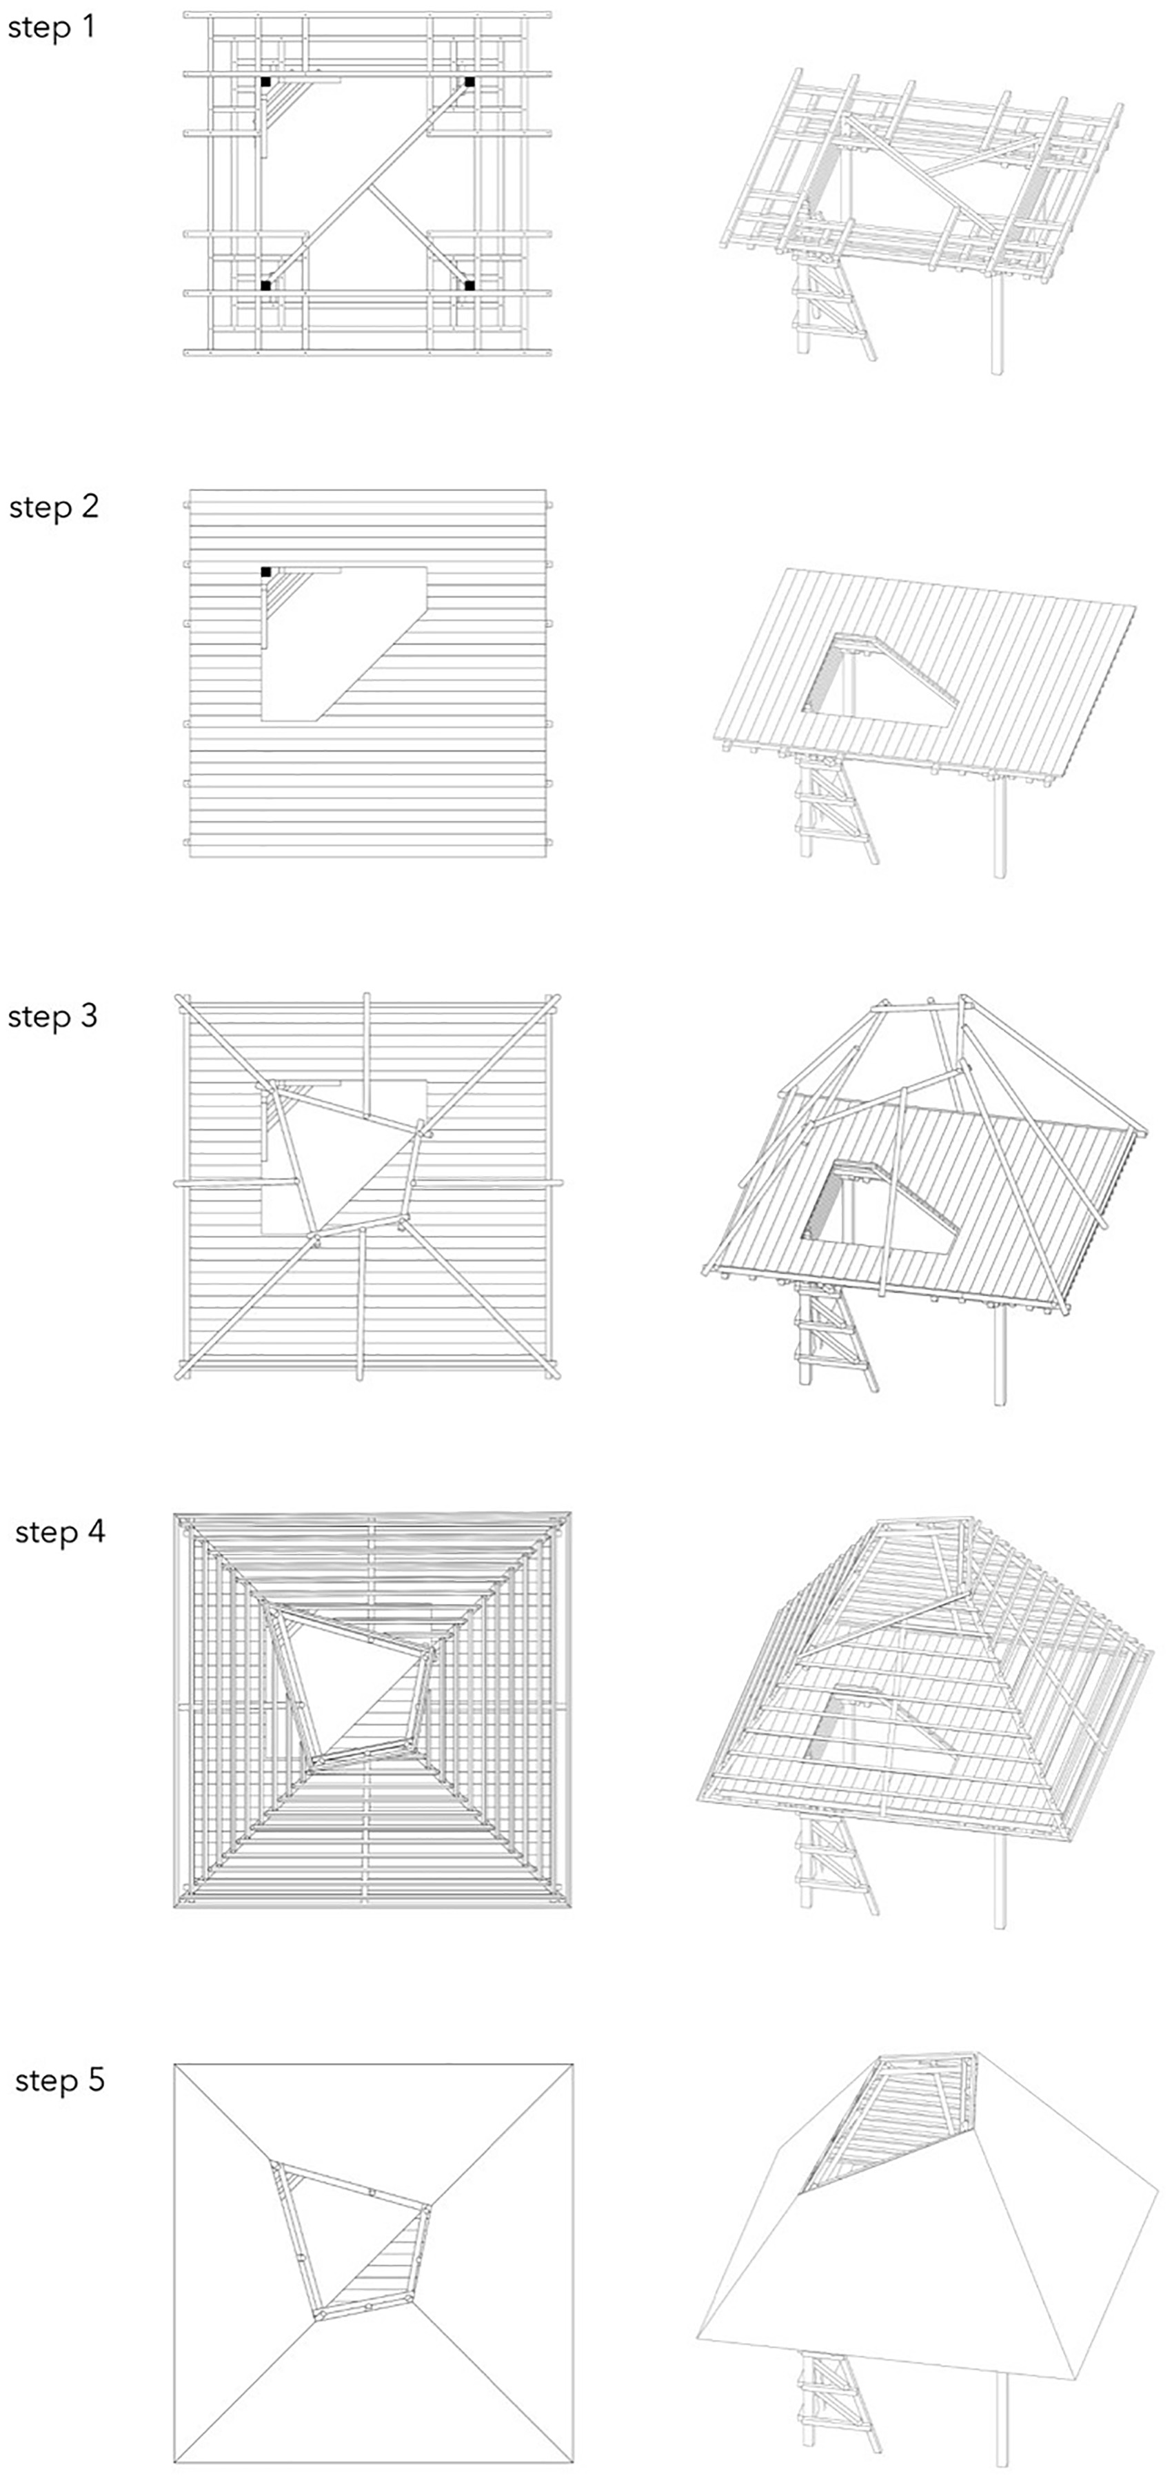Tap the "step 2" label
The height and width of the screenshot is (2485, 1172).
pyautogui.click(x=54, y=507)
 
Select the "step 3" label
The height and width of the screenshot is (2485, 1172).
pyautogui.click(x=53, y=1017)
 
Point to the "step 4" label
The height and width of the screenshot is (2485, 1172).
pyautogui.click(x=60, y=1532)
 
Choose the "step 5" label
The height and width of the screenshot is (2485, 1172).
pyautogui.click(x=60, y=2081)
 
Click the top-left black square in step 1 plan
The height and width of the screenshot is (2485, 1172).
pyautogui.click(x=265, y=82)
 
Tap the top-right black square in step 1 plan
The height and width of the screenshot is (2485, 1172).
pyautogui.click(x=469, y=82)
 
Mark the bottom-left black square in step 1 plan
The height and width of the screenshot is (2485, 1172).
pyautogui.click(x=265, y=285)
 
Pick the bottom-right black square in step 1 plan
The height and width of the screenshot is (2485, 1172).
pyautogui.click(x=469, y=285)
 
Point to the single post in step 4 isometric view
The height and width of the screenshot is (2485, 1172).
pyautogui.click(x=1000, y=1881)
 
